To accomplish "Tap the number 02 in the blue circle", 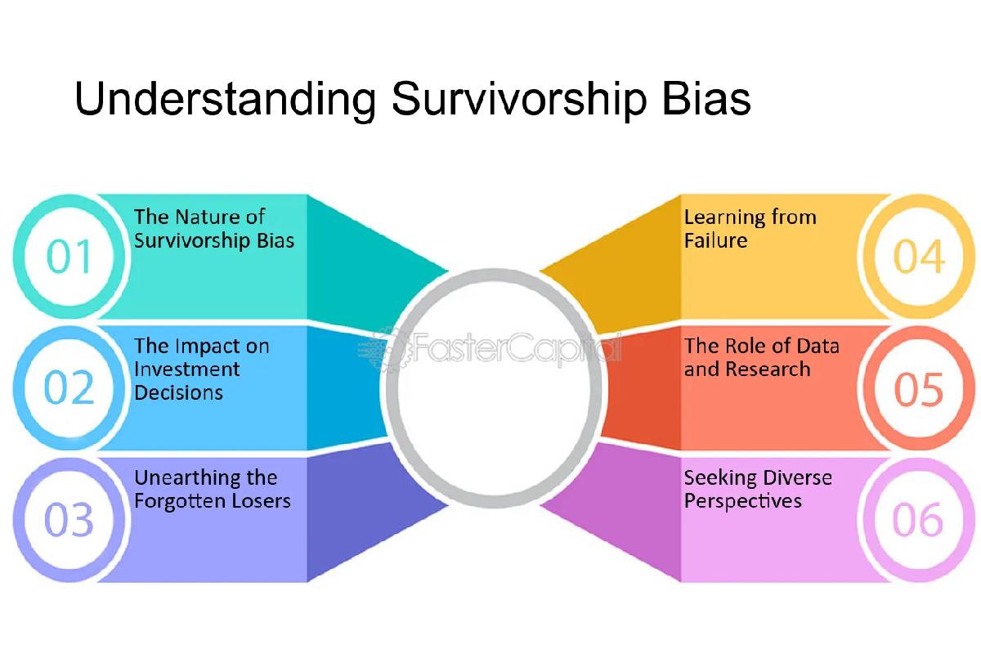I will click(69, 388).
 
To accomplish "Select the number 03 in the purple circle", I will click(69, 521).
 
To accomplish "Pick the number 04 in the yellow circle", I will click(919, 257).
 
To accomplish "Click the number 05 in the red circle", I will click(919, 389).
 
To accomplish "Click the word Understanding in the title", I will click(223, 101).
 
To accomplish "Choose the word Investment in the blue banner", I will click(186, 370).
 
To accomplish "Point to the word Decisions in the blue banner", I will click(178, 392).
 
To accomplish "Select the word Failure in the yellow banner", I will click(715, 240).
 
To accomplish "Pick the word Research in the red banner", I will click(770, 370).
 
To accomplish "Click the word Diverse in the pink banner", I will click(796, 477).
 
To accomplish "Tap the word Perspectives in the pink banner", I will click(742, 500).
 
